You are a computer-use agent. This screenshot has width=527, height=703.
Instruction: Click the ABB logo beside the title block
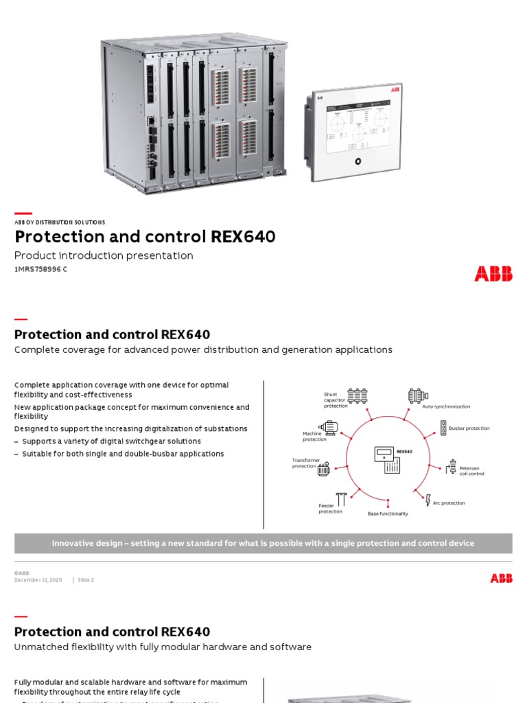[x=493, y=274]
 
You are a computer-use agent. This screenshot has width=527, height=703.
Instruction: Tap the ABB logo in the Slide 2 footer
[x=501, y=579]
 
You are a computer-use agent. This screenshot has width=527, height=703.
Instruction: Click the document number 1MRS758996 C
[x=41, y=269]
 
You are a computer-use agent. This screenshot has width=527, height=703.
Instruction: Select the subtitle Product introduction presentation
[x=104, y=255]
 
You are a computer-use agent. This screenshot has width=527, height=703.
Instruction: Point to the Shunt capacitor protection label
[x=336, y=400]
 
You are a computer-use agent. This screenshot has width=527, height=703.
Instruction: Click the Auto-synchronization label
[x=446, y=406]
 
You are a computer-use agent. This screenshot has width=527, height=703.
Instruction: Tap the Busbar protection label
[x=469, y=428]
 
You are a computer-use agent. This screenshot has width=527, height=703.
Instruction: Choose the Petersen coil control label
[x=471, y=471]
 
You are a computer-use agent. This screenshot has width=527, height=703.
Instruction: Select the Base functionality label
[x=388, y=514]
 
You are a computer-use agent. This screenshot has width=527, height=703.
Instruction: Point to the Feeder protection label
[x=330, y=509]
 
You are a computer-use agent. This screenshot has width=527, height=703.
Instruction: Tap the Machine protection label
[x=314, y=437]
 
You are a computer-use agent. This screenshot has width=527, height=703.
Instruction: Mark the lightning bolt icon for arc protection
[x=428, y=500]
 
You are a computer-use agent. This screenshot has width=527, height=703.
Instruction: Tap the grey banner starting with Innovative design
[x=263, y=543]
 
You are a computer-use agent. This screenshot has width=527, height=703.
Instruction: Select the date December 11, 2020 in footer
[x=38, y=580]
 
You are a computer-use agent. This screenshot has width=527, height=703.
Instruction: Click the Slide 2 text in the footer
[x=86, y=580]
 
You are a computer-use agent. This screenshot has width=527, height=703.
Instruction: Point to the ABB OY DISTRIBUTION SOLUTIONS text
[x=60, y=222]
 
